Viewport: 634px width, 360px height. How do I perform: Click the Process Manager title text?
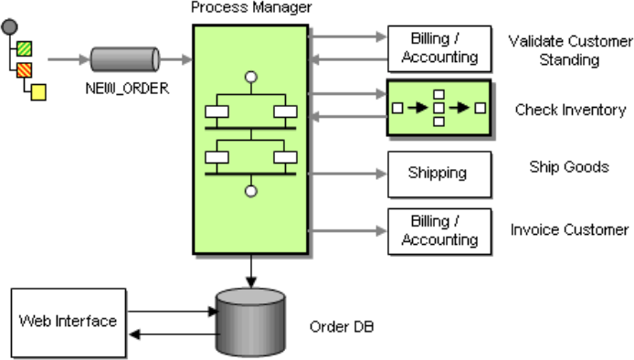[x=251, y=7]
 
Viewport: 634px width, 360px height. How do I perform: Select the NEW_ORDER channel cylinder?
[x=124, y=59]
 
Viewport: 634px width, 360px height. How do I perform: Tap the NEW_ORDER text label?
[x=127, y=89]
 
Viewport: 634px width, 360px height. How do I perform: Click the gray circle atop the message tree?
[x=9, y=27]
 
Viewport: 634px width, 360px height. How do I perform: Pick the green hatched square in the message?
[x=25, y=48]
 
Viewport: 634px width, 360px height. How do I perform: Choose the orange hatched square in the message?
[x=25, y=70]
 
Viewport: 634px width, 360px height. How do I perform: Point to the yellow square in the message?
[x=38, y=92]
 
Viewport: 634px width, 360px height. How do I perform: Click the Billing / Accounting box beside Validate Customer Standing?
[x=439, y=48]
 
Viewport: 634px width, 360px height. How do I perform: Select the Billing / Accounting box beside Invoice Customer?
[x=439, y=231]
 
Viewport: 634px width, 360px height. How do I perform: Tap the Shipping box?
[x=439, y=175]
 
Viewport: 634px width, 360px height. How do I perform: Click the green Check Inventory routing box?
[x=439, y=108]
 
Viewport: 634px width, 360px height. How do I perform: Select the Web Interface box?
[x=69, y=323]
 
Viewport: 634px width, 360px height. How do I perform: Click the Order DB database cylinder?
[x=250, y=322]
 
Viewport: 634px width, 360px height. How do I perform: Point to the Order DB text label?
[x=342, y=326]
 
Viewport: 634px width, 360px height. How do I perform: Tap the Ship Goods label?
[x=569, y=166]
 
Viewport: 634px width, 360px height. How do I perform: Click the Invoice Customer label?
[x=569, y=229]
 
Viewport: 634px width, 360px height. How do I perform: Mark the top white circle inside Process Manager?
[x=251, y=77]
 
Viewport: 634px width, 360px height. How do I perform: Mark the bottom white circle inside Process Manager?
[x=251, y=191]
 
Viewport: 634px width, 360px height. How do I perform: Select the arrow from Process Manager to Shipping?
[x=347, y=174]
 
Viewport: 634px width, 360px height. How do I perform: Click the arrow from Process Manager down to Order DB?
[x=251, y=271]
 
